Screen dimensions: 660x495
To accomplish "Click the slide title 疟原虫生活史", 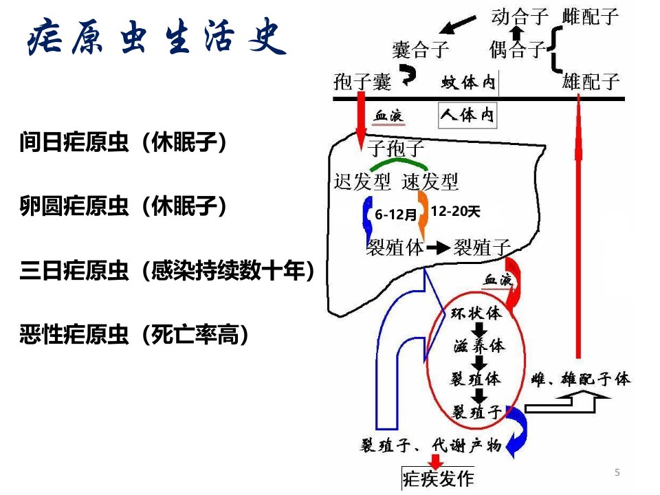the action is tap(157, 37).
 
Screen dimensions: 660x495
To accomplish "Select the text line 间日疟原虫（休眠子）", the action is tap(123, 142).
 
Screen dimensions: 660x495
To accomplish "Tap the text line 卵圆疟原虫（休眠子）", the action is tap(123, 206).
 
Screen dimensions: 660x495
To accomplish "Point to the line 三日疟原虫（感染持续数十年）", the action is tap(167, 270).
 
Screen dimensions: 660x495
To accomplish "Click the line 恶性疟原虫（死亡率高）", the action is tap(134, 335).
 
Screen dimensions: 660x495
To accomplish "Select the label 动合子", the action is tap(520, 16).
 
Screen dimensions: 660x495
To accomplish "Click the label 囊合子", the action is tap(421, 49).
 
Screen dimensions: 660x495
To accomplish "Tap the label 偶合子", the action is tap(518, 49).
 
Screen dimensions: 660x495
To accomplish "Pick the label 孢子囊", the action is tap(362, 81).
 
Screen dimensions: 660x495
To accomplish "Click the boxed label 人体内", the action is tap(467, 115).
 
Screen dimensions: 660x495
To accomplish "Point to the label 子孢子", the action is tap(396, 148).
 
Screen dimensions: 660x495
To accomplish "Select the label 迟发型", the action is tap(362, 181).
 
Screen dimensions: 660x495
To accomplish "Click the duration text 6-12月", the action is tap(396, 214).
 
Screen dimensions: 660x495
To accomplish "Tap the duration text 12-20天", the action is tap(455, 211).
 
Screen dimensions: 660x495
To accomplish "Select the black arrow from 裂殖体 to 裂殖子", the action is tap(438, 247).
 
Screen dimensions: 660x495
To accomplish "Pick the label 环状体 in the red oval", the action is tap(476, 313).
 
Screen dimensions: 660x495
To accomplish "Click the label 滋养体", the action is tap(479, 346).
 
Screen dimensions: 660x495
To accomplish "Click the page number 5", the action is tap(617, 472).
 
